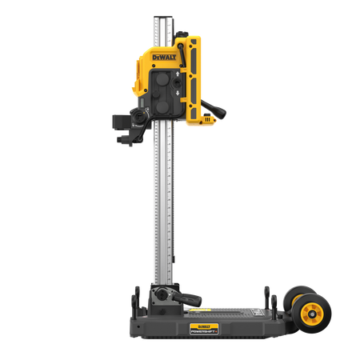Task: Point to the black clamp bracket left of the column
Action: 126,128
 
